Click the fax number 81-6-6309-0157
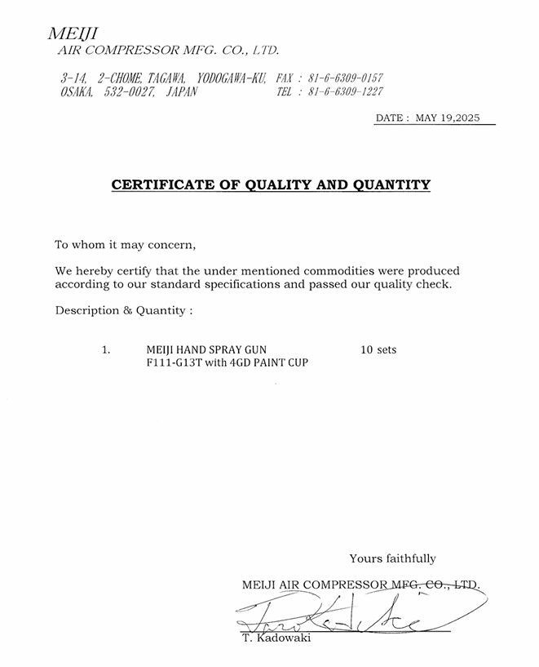pos(345,78)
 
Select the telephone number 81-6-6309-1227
pos(345,92)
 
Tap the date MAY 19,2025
pos(448,118)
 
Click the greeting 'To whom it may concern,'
pos(126,245)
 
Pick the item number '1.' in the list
pos(106,350)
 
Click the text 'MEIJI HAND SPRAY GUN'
pos(206,350)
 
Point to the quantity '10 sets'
pos(378,350)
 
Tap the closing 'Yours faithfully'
pos(392,559)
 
